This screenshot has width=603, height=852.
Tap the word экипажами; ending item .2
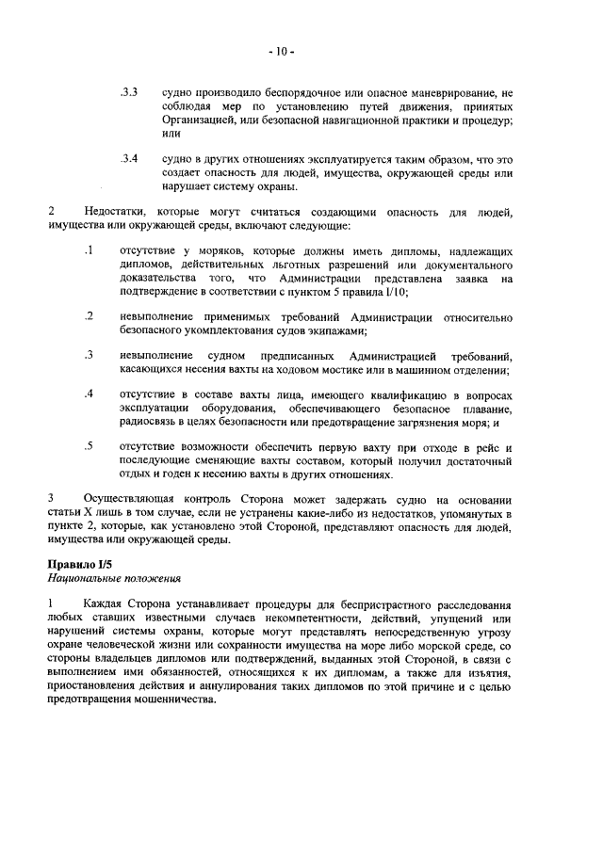click(336, 330)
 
